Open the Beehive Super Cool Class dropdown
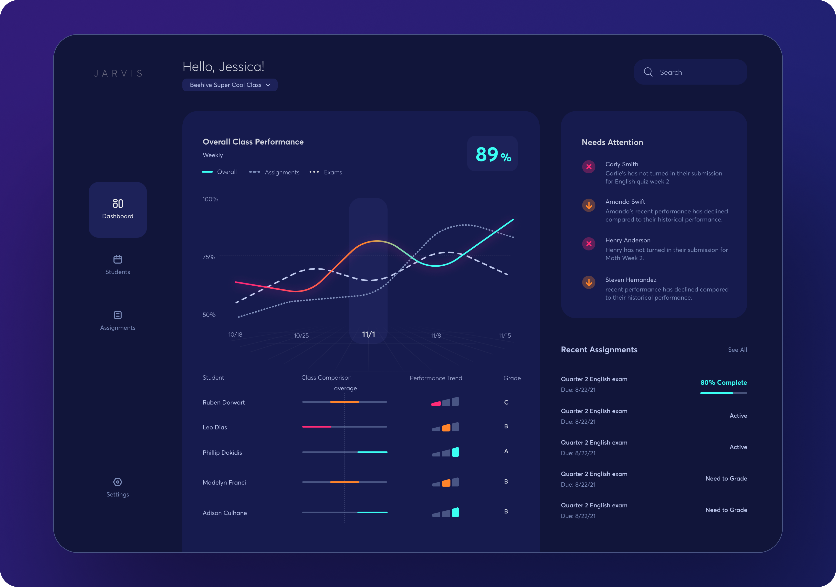click(230, 85)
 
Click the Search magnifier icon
click(648, 72)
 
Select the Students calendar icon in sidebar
click(118, 259)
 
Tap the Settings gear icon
click(118, 482)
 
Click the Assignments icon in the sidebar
click(118, 315)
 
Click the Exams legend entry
click(326, 172)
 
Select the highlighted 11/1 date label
click(368, 334)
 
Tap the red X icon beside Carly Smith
click(588, 167)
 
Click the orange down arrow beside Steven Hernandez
click(588, 282)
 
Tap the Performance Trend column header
click(436, 378)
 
